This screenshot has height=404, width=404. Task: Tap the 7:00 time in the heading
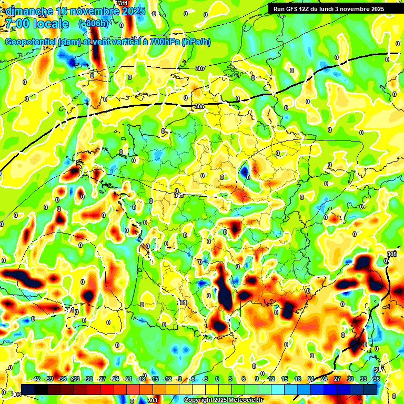[16, 24]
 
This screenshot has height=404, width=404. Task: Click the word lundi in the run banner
[340, 9]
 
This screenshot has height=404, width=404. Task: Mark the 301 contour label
[183, 303]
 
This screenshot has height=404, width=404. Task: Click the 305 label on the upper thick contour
[199, 106]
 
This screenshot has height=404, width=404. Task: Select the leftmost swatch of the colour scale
[28, 389]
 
